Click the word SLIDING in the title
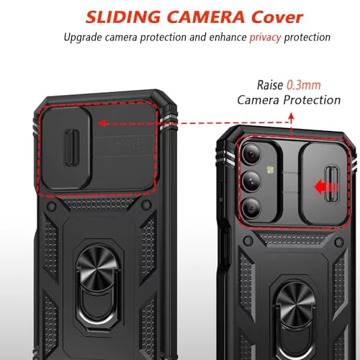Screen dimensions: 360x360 point(123,17)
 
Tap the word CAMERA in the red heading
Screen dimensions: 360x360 point(206,17)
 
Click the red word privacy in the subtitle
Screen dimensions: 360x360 point(265,37)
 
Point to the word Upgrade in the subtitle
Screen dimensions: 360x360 point(83,37)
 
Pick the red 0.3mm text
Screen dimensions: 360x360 point(304,85)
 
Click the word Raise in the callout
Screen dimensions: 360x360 point(270,85)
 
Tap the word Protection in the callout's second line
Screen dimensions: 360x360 point(312,100)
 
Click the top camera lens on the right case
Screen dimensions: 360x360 point(251,154)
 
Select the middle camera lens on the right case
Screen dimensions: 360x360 point(251,181)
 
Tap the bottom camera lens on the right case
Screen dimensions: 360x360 point(251,208)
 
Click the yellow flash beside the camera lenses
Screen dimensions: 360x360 point(271,170)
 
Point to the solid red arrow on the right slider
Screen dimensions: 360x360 point(326,187)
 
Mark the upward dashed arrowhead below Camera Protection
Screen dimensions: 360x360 point(291,117)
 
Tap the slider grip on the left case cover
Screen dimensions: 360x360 point(71,148)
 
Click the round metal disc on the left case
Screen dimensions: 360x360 point(98,267)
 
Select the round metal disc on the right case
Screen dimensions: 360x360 point(296,303)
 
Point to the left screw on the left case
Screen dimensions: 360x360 point(51,205)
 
